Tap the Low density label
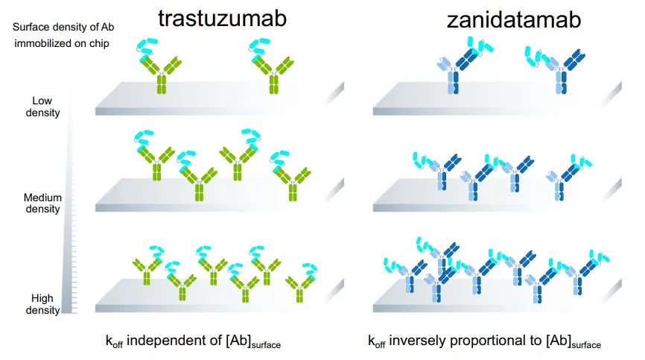(45, 107)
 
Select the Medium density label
(42, 203)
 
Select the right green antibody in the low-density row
(273, 72)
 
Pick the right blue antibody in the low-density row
(561, 72)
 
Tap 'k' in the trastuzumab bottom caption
(108, 341)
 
